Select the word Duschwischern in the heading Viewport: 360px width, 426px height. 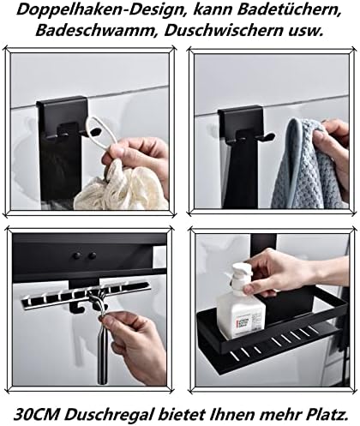click(224, 31)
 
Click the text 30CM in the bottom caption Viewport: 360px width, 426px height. click(35, 414)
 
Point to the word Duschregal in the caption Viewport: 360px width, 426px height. click(106, 415)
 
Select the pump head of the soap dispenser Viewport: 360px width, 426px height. click(243, 277)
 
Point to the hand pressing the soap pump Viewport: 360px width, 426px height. click(294, 272)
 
